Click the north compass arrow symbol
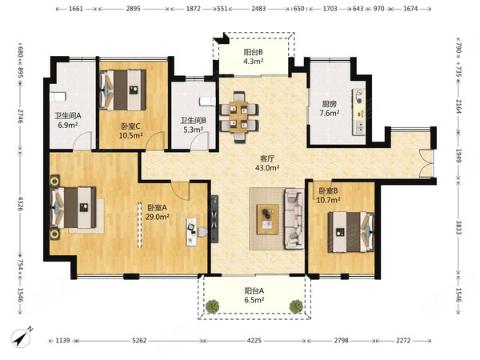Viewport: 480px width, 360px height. [21, 338]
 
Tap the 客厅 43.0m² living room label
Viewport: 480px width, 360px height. [267, 163]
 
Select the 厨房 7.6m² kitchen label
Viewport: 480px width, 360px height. [330, 109]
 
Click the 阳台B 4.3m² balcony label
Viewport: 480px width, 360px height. [253, 57]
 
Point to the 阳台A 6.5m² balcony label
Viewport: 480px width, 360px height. [254, 295]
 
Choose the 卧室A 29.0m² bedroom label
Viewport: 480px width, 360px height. [158, 212]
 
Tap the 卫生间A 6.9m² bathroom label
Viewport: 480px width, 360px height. [68, 120]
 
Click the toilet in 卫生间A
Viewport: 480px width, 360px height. [58, 97]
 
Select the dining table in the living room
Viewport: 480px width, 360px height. [238, 117]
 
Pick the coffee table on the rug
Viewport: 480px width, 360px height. [267, 219]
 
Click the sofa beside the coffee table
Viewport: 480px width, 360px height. [294, 218]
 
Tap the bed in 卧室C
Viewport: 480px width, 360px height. [122, 90]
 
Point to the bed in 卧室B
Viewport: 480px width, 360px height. [351, 232]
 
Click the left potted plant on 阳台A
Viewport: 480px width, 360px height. [212, 306]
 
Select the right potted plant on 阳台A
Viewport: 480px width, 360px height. [296, 306]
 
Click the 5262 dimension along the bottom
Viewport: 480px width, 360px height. [139, 341]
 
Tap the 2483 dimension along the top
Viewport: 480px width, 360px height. [258, 9]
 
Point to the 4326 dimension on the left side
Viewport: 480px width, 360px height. [21, 203]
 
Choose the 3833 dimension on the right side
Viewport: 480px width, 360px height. [458, 227]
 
